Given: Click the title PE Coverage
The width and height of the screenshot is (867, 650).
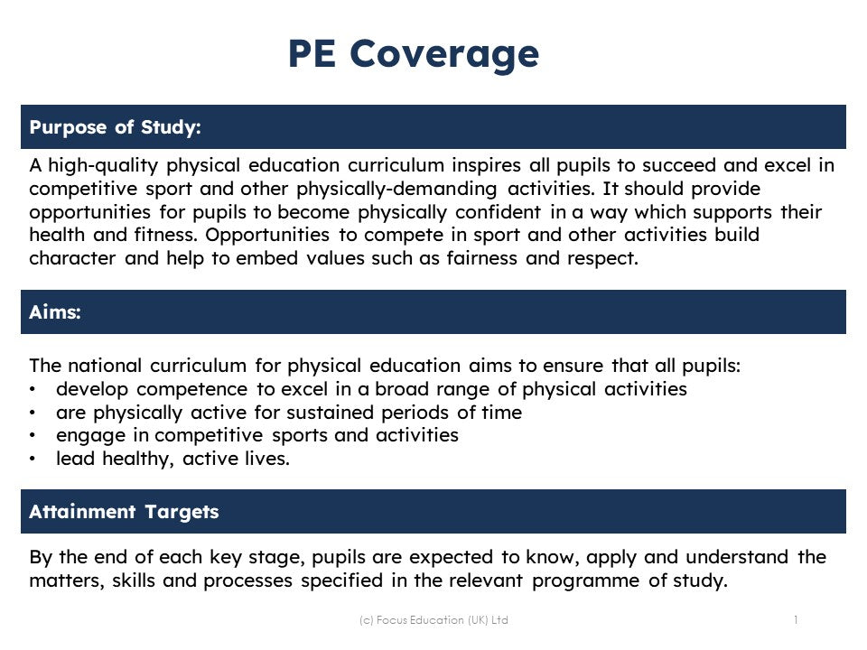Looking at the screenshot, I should point(414,54).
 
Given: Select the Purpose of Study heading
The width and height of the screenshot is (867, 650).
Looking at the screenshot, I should point(115,127).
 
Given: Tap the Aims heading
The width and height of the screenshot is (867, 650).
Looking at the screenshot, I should point(55,312).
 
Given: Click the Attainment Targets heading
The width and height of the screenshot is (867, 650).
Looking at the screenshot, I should point(124,512).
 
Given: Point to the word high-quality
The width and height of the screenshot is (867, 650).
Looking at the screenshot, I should point(104,166).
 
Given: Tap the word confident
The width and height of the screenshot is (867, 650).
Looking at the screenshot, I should point(498,212).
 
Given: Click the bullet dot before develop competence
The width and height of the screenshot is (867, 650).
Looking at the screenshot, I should point(33,390).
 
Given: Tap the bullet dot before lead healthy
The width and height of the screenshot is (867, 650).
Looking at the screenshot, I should point(33,459).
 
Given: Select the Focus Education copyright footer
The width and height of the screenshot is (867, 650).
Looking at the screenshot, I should point(433,620).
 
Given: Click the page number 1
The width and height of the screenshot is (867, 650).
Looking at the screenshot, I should point(796,619).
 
